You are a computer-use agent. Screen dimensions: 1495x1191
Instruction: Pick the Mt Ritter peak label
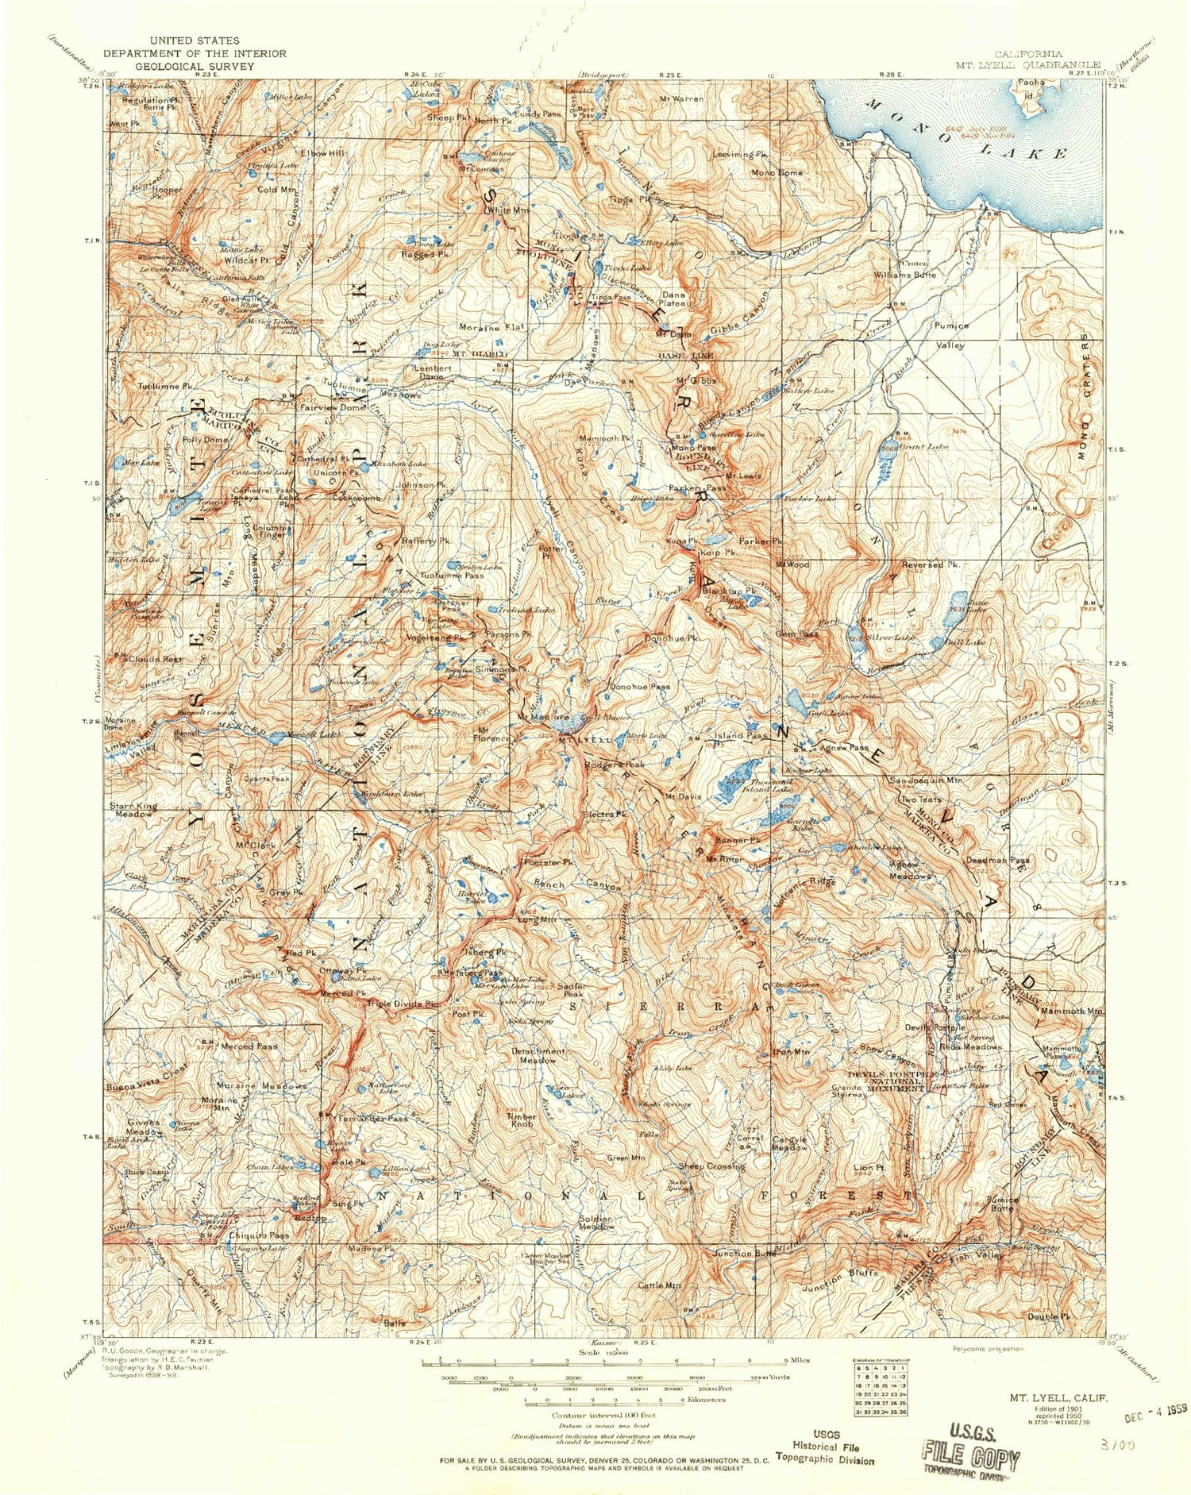pyautogui.click(x=723, y=858)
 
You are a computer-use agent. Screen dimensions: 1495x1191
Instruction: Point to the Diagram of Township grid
pyautogui.click(x=880, y=1397)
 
